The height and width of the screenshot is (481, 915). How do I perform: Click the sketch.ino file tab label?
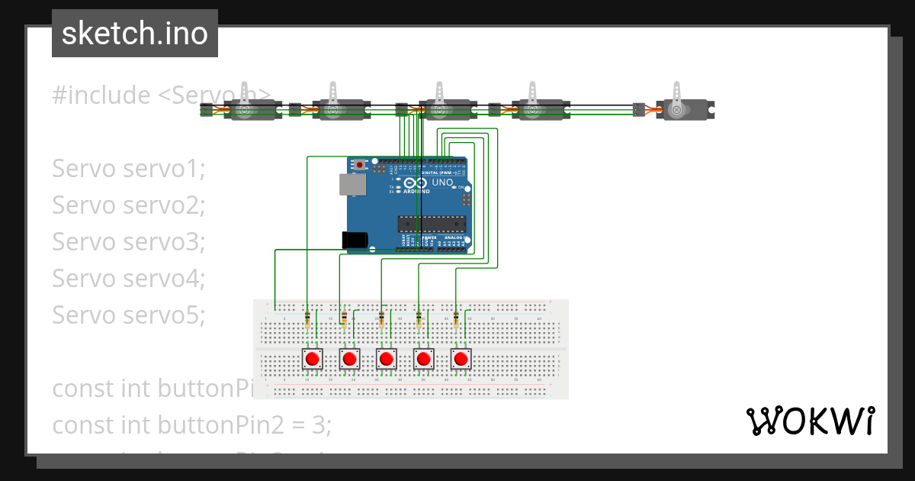(135, 34)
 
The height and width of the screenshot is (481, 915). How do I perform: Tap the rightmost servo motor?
(682, 109)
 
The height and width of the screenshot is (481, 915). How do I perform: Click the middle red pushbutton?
(387, 359)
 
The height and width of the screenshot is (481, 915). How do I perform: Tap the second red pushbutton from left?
(349, 359)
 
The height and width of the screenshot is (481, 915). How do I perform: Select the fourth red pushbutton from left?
(423, 359)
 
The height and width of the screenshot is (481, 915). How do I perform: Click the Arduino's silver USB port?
(352, 185)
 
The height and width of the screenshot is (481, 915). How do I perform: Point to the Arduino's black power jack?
(356, 239)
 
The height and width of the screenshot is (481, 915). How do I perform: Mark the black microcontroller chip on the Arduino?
(431, 223)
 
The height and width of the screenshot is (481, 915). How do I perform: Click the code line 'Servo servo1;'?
(129, 169)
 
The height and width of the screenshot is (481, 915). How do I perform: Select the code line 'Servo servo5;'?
(129, 315)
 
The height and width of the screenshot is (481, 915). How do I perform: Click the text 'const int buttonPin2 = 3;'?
(191, 425)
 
